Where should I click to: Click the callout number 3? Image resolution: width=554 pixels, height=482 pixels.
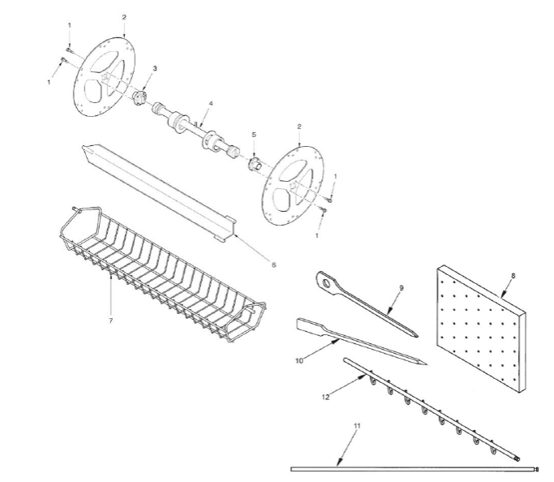154,68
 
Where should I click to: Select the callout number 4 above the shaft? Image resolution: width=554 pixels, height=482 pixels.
211,104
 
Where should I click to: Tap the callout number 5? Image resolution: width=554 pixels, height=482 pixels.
254,135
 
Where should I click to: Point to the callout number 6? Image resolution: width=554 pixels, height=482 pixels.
273,265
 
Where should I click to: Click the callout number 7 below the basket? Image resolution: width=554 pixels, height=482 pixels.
111,321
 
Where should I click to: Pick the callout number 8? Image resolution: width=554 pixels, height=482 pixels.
513,276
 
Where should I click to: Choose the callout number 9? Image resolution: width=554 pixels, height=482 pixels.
401,288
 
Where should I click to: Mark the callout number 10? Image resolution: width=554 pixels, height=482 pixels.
299,360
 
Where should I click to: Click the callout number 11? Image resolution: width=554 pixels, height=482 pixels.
357,426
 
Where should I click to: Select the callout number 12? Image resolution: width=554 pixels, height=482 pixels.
325,397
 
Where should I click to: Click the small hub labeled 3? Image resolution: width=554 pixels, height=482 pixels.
140,98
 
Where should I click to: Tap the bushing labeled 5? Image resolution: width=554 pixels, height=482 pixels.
255,164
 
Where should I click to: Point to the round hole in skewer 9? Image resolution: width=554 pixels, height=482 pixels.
327,283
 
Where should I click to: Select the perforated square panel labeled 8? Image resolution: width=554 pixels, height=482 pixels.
481,329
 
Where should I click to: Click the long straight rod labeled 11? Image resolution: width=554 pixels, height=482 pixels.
414,469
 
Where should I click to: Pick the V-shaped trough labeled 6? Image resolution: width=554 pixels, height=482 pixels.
159,192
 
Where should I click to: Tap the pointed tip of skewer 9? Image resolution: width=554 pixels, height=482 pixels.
417,336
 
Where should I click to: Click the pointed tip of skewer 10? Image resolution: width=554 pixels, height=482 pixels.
426,364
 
